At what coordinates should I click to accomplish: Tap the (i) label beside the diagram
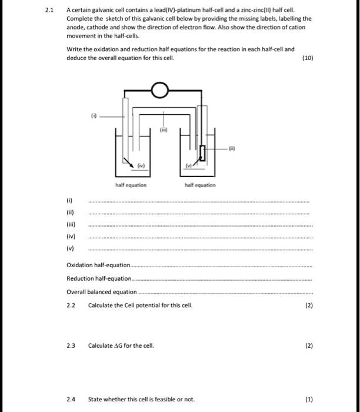click(93, 116)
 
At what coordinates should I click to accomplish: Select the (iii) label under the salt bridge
click(164, 129)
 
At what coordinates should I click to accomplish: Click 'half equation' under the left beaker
click(131, 185)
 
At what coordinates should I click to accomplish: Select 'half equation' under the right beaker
click(200, 185)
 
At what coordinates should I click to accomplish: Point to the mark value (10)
click(307, 59)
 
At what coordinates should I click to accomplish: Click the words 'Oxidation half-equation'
click(99, 265)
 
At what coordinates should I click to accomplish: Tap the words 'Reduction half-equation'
click(100, 278)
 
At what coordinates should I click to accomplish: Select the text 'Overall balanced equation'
click(102, 291)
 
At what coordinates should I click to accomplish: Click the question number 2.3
click(72, 345)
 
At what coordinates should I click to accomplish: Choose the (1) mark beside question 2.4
click(309, 400)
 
